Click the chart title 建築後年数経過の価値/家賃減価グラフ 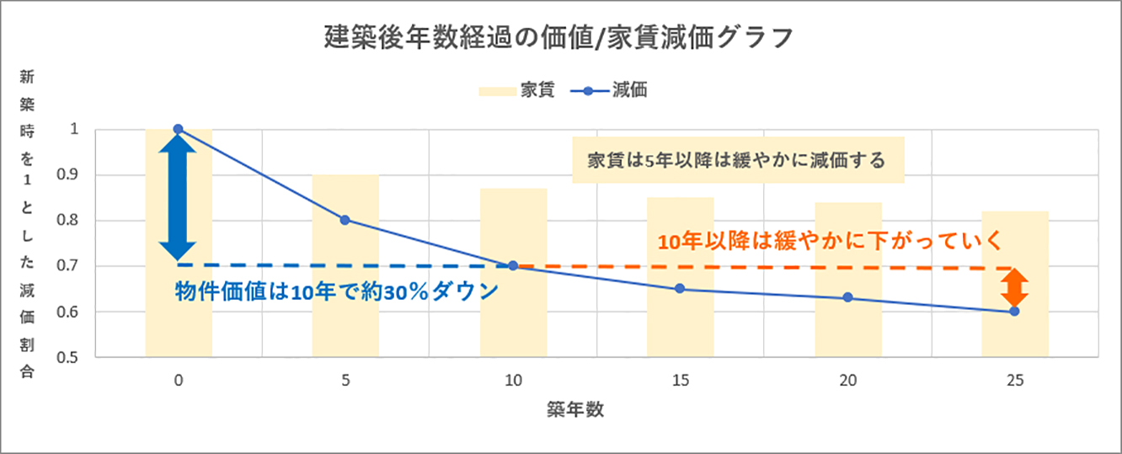tap(559, 38)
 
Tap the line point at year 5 tap(345, 220)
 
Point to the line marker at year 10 tap(513, 265)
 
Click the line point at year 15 tap(680, 289)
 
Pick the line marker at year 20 tap(847, 297)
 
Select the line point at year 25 tap(1014, 312)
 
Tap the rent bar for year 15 tap(680, 328)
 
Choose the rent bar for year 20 tap(847, 333)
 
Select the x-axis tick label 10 tap(513, 381)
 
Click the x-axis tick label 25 tap(1014, 381)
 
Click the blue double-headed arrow tap(178, 198)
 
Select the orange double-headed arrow tap(1015, 288)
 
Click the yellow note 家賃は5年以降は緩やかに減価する tap(737, 160)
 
